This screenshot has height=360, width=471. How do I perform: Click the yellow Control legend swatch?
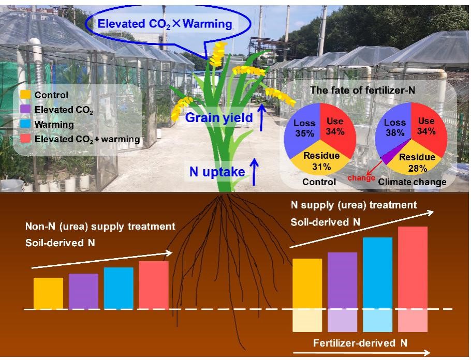[25, 95]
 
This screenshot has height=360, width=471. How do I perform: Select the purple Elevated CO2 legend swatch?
[25, 110]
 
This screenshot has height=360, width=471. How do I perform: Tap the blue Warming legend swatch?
[25, 125]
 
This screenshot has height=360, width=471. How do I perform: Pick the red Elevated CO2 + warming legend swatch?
[25, 139]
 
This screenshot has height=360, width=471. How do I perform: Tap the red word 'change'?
[362, 178]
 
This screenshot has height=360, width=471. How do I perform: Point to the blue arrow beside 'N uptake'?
[255, 172]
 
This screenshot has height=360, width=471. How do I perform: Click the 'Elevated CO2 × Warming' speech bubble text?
[164, 24]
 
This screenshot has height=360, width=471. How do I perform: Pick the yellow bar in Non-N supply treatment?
[48, 293]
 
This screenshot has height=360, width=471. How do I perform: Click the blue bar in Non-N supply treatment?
[119, 288]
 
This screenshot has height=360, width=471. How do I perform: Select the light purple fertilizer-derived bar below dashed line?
[342, 320]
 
